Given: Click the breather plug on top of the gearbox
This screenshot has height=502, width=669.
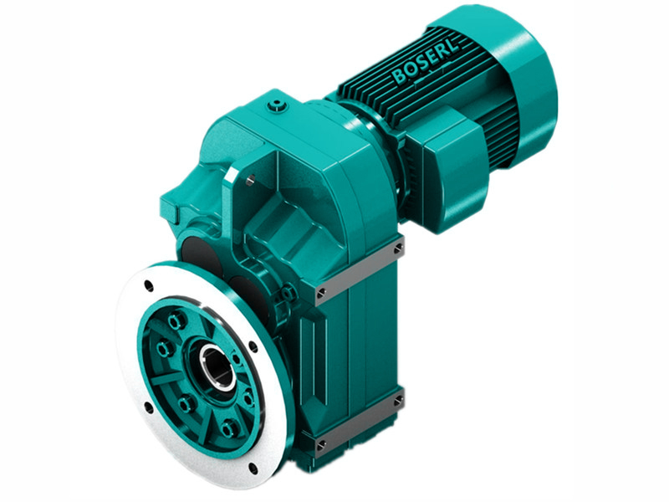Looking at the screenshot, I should coord(277,105).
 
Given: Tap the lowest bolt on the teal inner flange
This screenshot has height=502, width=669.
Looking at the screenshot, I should coord(228,430).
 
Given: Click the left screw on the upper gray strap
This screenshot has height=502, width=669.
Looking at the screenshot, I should coord(321,292).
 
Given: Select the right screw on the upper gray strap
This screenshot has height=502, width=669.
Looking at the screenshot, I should coord(398,248).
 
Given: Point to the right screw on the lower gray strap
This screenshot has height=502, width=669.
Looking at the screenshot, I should coord(398,401).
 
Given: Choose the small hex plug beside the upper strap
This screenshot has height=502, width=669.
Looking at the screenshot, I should coord(289,292).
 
